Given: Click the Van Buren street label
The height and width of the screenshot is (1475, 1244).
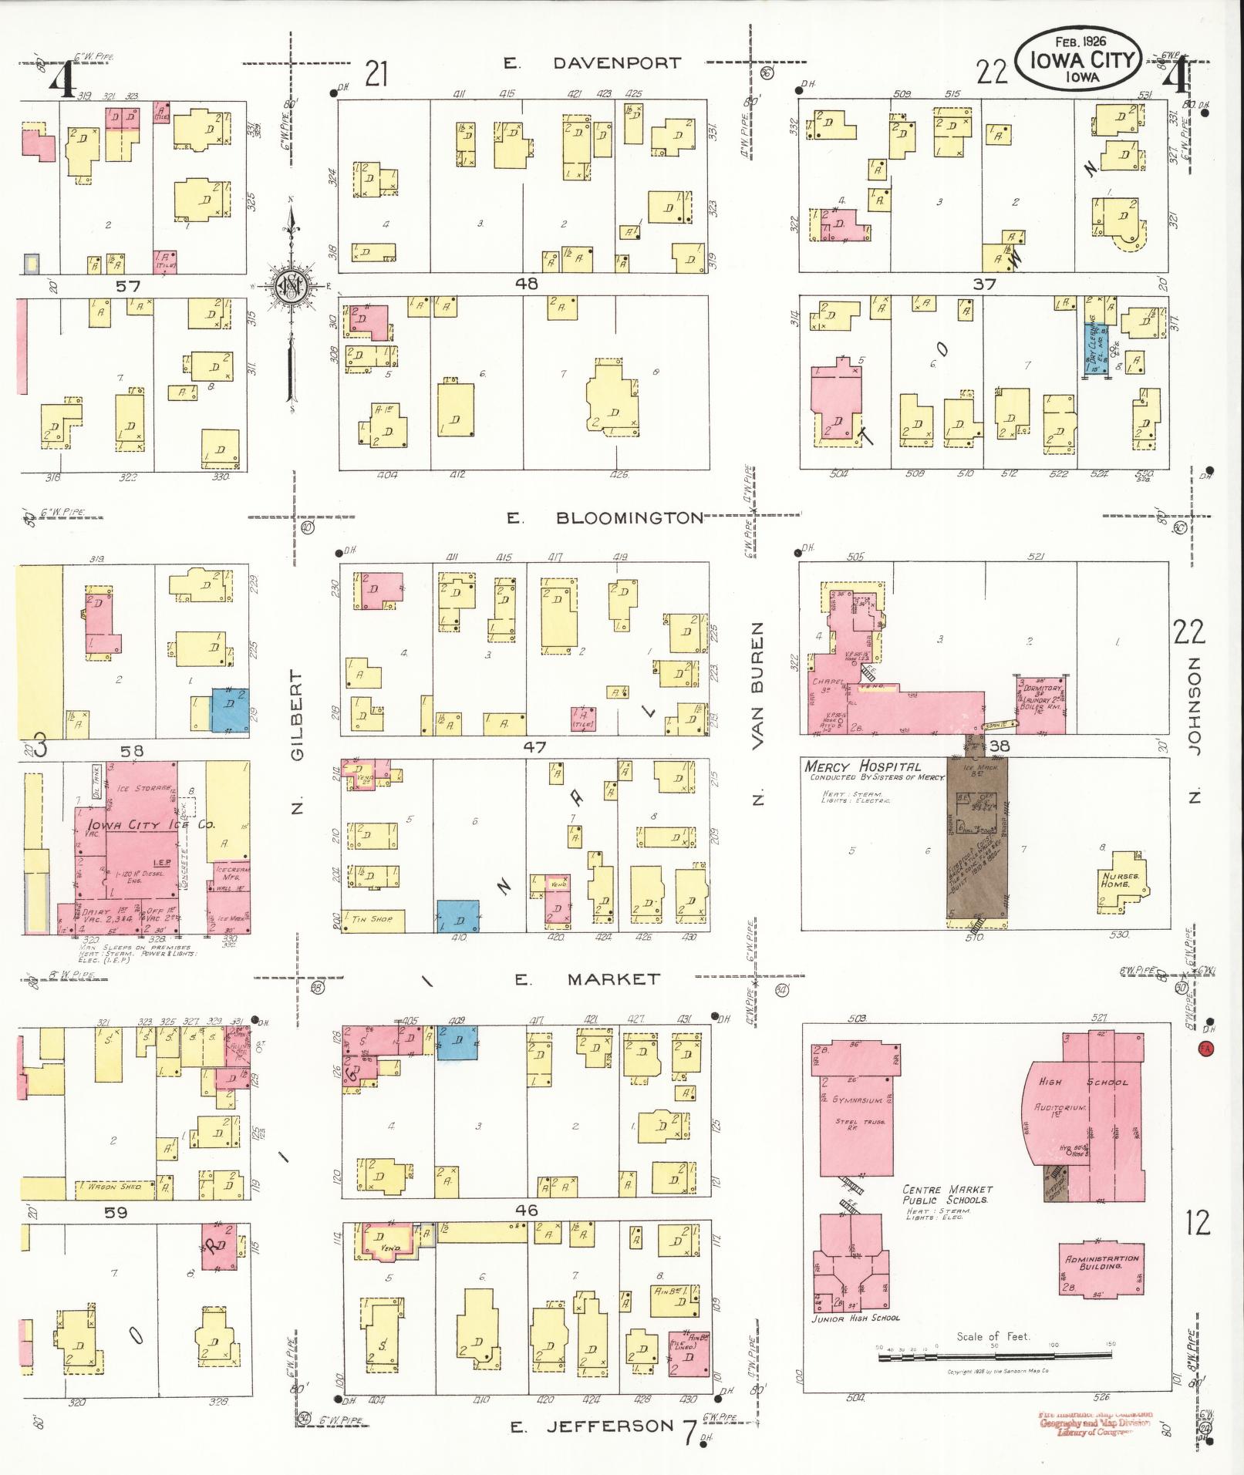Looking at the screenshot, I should point(757,685).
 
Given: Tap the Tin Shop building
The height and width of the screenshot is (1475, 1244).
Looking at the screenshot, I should point(372,919).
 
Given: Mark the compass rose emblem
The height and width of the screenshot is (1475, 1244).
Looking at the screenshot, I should point(293,284).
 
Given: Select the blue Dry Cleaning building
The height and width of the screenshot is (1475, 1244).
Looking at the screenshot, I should point(1095,348).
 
